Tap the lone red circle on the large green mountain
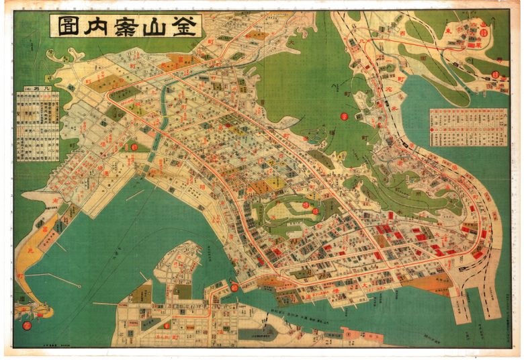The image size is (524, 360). (343, 116)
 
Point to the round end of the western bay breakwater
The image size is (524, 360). (80, 285)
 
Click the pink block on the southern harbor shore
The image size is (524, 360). (357, 334)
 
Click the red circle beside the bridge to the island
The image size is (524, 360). (234, 287)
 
